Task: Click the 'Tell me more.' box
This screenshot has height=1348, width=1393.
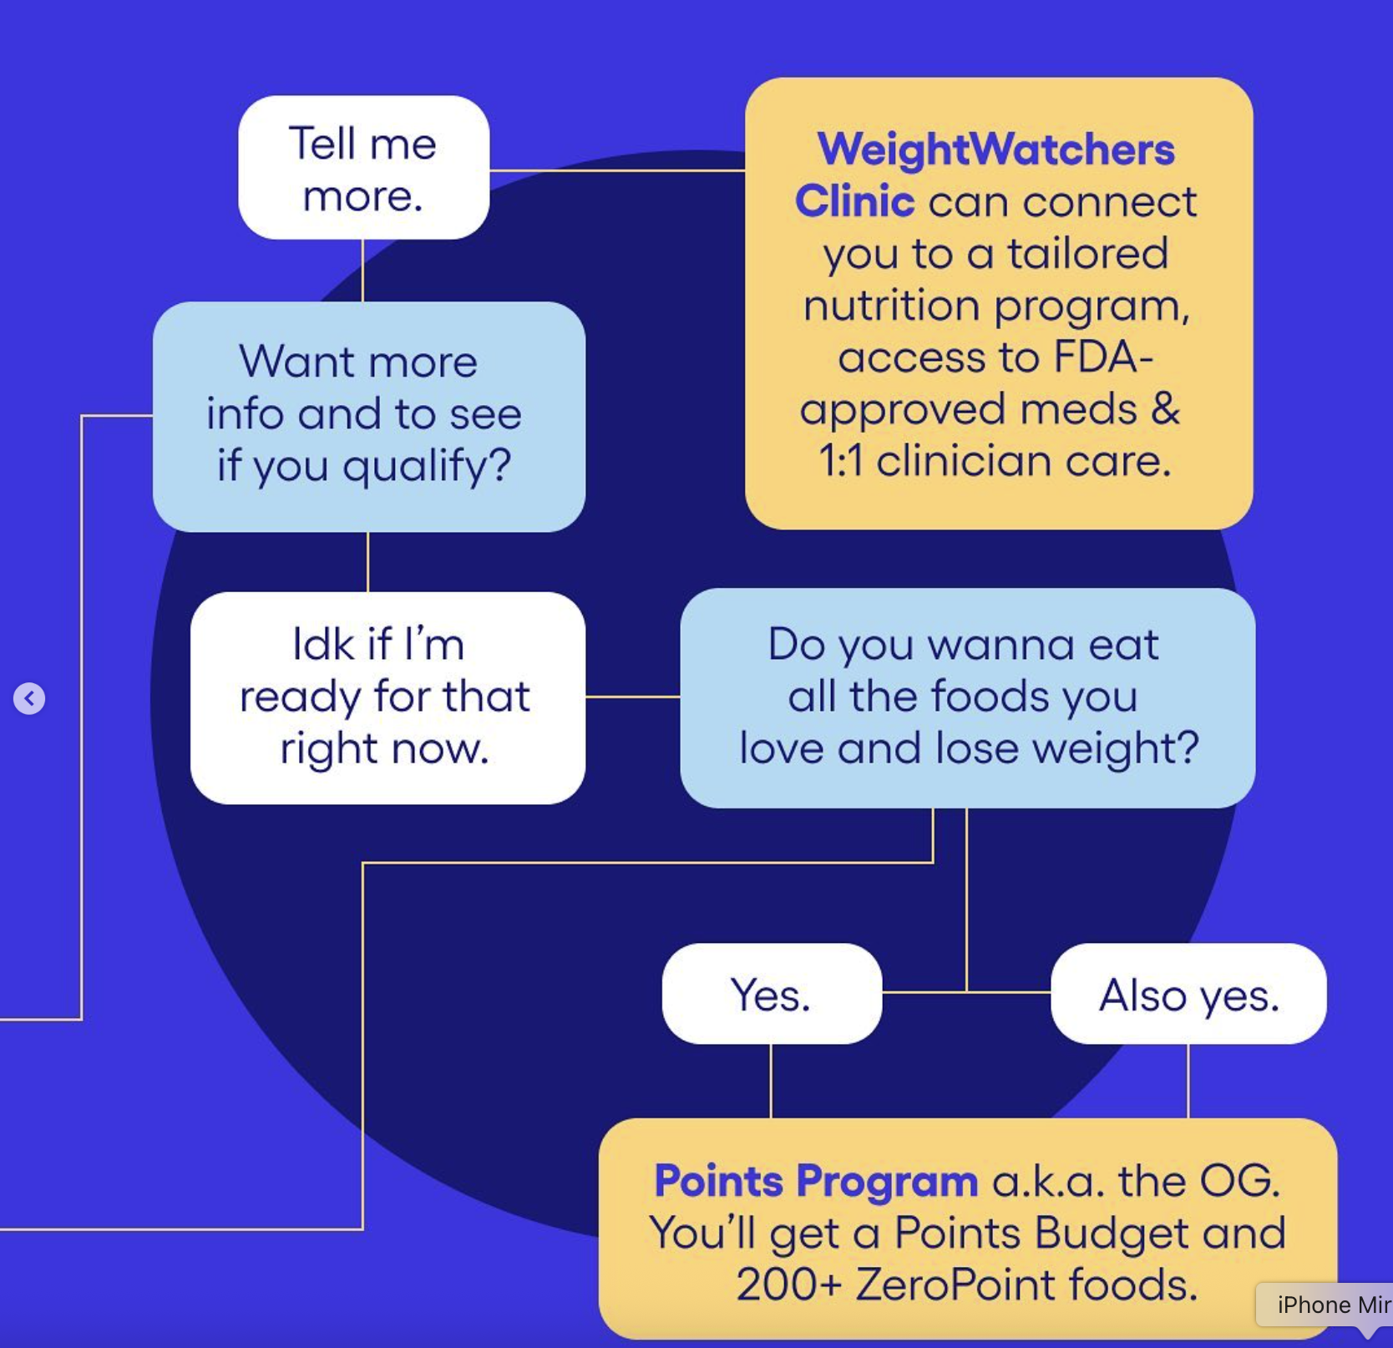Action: pyautogui.click(x=363, y=168)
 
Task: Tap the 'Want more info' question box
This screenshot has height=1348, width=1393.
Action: pyautogui.click(x=368, y=416)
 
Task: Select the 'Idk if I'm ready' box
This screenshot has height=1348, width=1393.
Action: pyautogui.click(x=387, y=697)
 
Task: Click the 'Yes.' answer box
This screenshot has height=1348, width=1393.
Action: pyautogui.click(x=771, y=994)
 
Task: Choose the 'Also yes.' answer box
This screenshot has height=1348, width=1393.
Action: pyautogui.click(x=1188, y=994)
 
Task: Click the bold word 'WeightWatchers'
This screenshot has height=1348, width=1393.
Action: pyautogui.click(x=995, y=149)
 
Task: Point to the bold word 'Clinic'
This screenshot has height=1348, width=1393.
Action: pyautogui.click(x=854, y=201)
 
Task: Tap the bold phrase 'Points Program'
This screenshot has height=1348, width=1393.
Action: pyautogui.click(x=816, y=1181)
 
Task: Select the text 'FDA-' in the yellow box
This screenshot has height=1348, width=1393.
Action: pyautogui.click(x=1103, y=357)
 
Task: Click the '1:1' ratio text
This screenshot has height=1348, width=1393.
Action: pyautogui.click(x=841, y=460)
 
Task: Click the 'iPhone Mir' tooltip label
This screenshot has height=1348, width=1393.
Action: pyautogui.click(x=1332, y=1305)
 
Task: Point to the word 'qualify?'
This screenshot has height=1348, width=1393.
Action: pyautogui.click(x=427, y=466)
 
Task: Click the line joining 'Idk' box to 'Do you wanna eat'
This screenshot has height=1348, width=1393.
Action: pyautogui.click(x=632, y=696)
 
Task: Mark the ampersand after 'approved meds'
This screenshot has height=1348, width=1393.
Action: pyautogui.click(x=1164, y=408)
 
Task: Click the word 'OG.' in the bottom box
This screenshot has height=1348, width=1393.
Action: pyautogui.click(x=1239, y=1181)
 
